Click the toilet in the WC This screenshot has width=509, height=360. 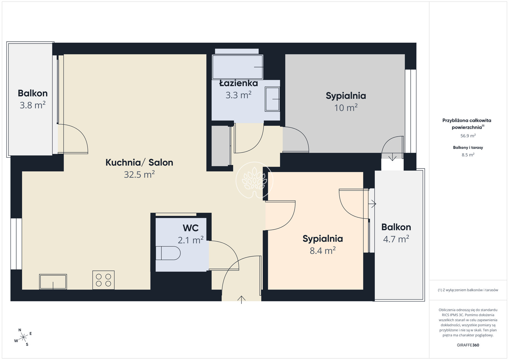[x=168, y=253]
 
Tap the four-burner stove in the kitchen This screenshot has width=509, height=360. [x=103, y=280]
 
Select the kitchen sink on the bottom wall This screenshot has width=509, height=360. [x=53, y=282]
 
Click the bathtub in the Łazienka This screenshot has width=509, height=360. [x=237, y=67]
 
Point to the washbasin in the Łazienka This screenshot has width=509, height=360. [x=272, y=99]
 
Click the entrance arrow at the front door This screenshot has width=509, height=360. [x=241, y=300]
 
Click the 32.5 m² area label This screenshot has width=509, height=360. [x=139, y=175]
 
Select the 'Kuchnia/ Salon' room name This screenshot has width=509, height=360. [x=139, y=163]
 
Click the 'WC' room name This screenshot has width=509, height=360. [x=191, y=228]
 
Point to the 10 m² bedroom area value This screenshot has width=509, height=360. [x=345, y=107]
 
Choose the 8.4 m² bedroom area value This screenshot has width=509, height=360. [x=323, y=251]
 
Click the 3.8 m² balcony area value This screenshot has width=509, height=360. [x=32, y=105]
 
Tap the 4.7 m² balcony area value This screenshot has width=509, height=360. [x=396, y=239]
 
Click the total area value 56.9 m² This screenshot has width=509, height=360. [x=468, y=136]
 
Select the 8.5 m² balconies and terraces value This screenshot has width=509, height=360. [x=468, y=155]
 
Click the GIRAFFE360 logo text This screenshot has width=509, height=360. [x=468, y=345]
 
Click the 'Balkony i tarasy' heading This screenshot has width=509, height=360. [x=468, y=148]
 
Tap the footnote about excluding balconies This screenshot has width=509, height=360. [x=468, y=290]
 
